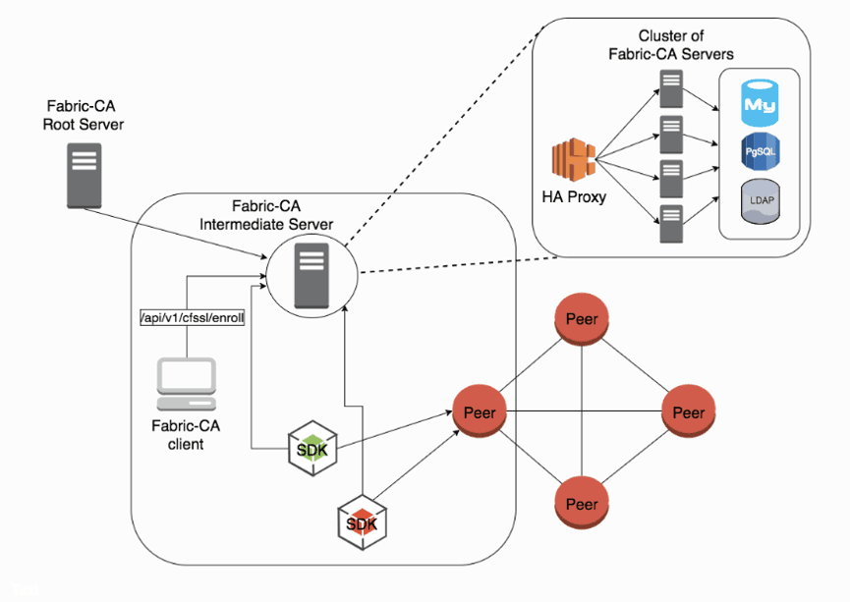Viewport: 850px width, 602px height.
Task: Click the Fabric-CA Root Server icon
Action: pos(84,175)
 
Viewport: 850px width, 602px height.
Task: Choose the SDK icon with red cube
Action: pos(361,521)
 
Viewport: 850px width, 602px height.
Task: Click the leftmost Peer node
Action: pos(479,411)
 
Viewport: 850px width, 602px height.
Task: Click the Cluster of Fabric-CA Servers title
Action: pos(671,44)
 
